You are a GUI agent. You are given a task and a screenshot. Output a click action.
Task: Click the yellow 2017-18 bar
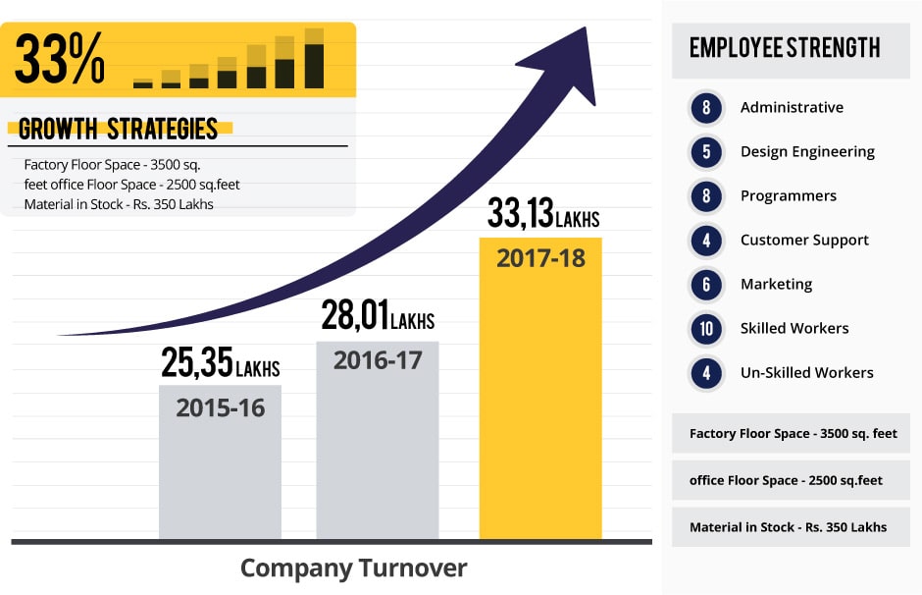pyautogui.click(x=539, y=393)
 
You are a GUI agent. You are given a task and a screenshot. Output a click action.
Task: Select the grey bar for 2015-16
pyautogui.click(x=220, y=461)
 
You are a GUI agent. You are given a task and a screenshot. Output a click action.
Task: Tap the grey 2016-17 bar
pyautogui.click(x=377, y=442)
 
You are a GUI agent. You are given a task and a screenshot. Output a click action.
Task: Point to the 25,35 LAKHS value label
pyautogui.click(x=221, y=363)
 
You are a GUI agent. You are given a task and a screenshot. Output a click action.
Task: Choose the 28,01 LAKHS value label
pyautogui.click(x=378, y=316)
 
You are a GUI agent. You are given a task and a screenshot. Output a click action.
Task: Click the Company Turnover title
pyautogui.click(x=353, y=568)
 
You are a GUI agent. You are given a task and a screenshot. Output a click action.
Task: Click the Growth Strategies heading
pyautogui.click(x=118, y=129)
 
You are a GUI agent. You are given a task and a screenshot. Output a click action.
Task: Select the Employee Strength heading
pyautogui.click(x=785, y=48)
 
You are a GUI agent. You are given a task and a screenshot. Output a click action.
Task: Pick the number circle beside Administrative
pyautogui.click(x=706, y=107)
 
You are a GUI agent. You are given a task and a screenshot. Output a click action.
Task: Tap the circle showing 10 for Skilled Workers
pyautogui.click(x=706, y=328)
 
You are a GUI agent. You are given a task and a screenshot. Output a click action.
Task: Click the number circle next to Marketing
pyautogui.click(x=706, y=284)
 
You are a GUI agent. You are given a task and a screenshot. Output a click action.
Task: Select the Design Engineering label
pyautogui.click(x=807, y=151)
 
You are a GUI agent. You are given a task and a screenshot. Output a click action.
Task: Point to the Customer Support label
pyautogui.click(x=804, y=240)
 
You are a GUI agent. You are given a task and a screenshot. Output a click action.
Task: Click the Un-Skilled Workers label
pyautogui.click(x=806, y=372)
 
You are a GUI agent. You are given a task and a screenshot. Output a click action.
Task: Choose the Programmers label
pyautogui.click(x=788, y=195)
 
